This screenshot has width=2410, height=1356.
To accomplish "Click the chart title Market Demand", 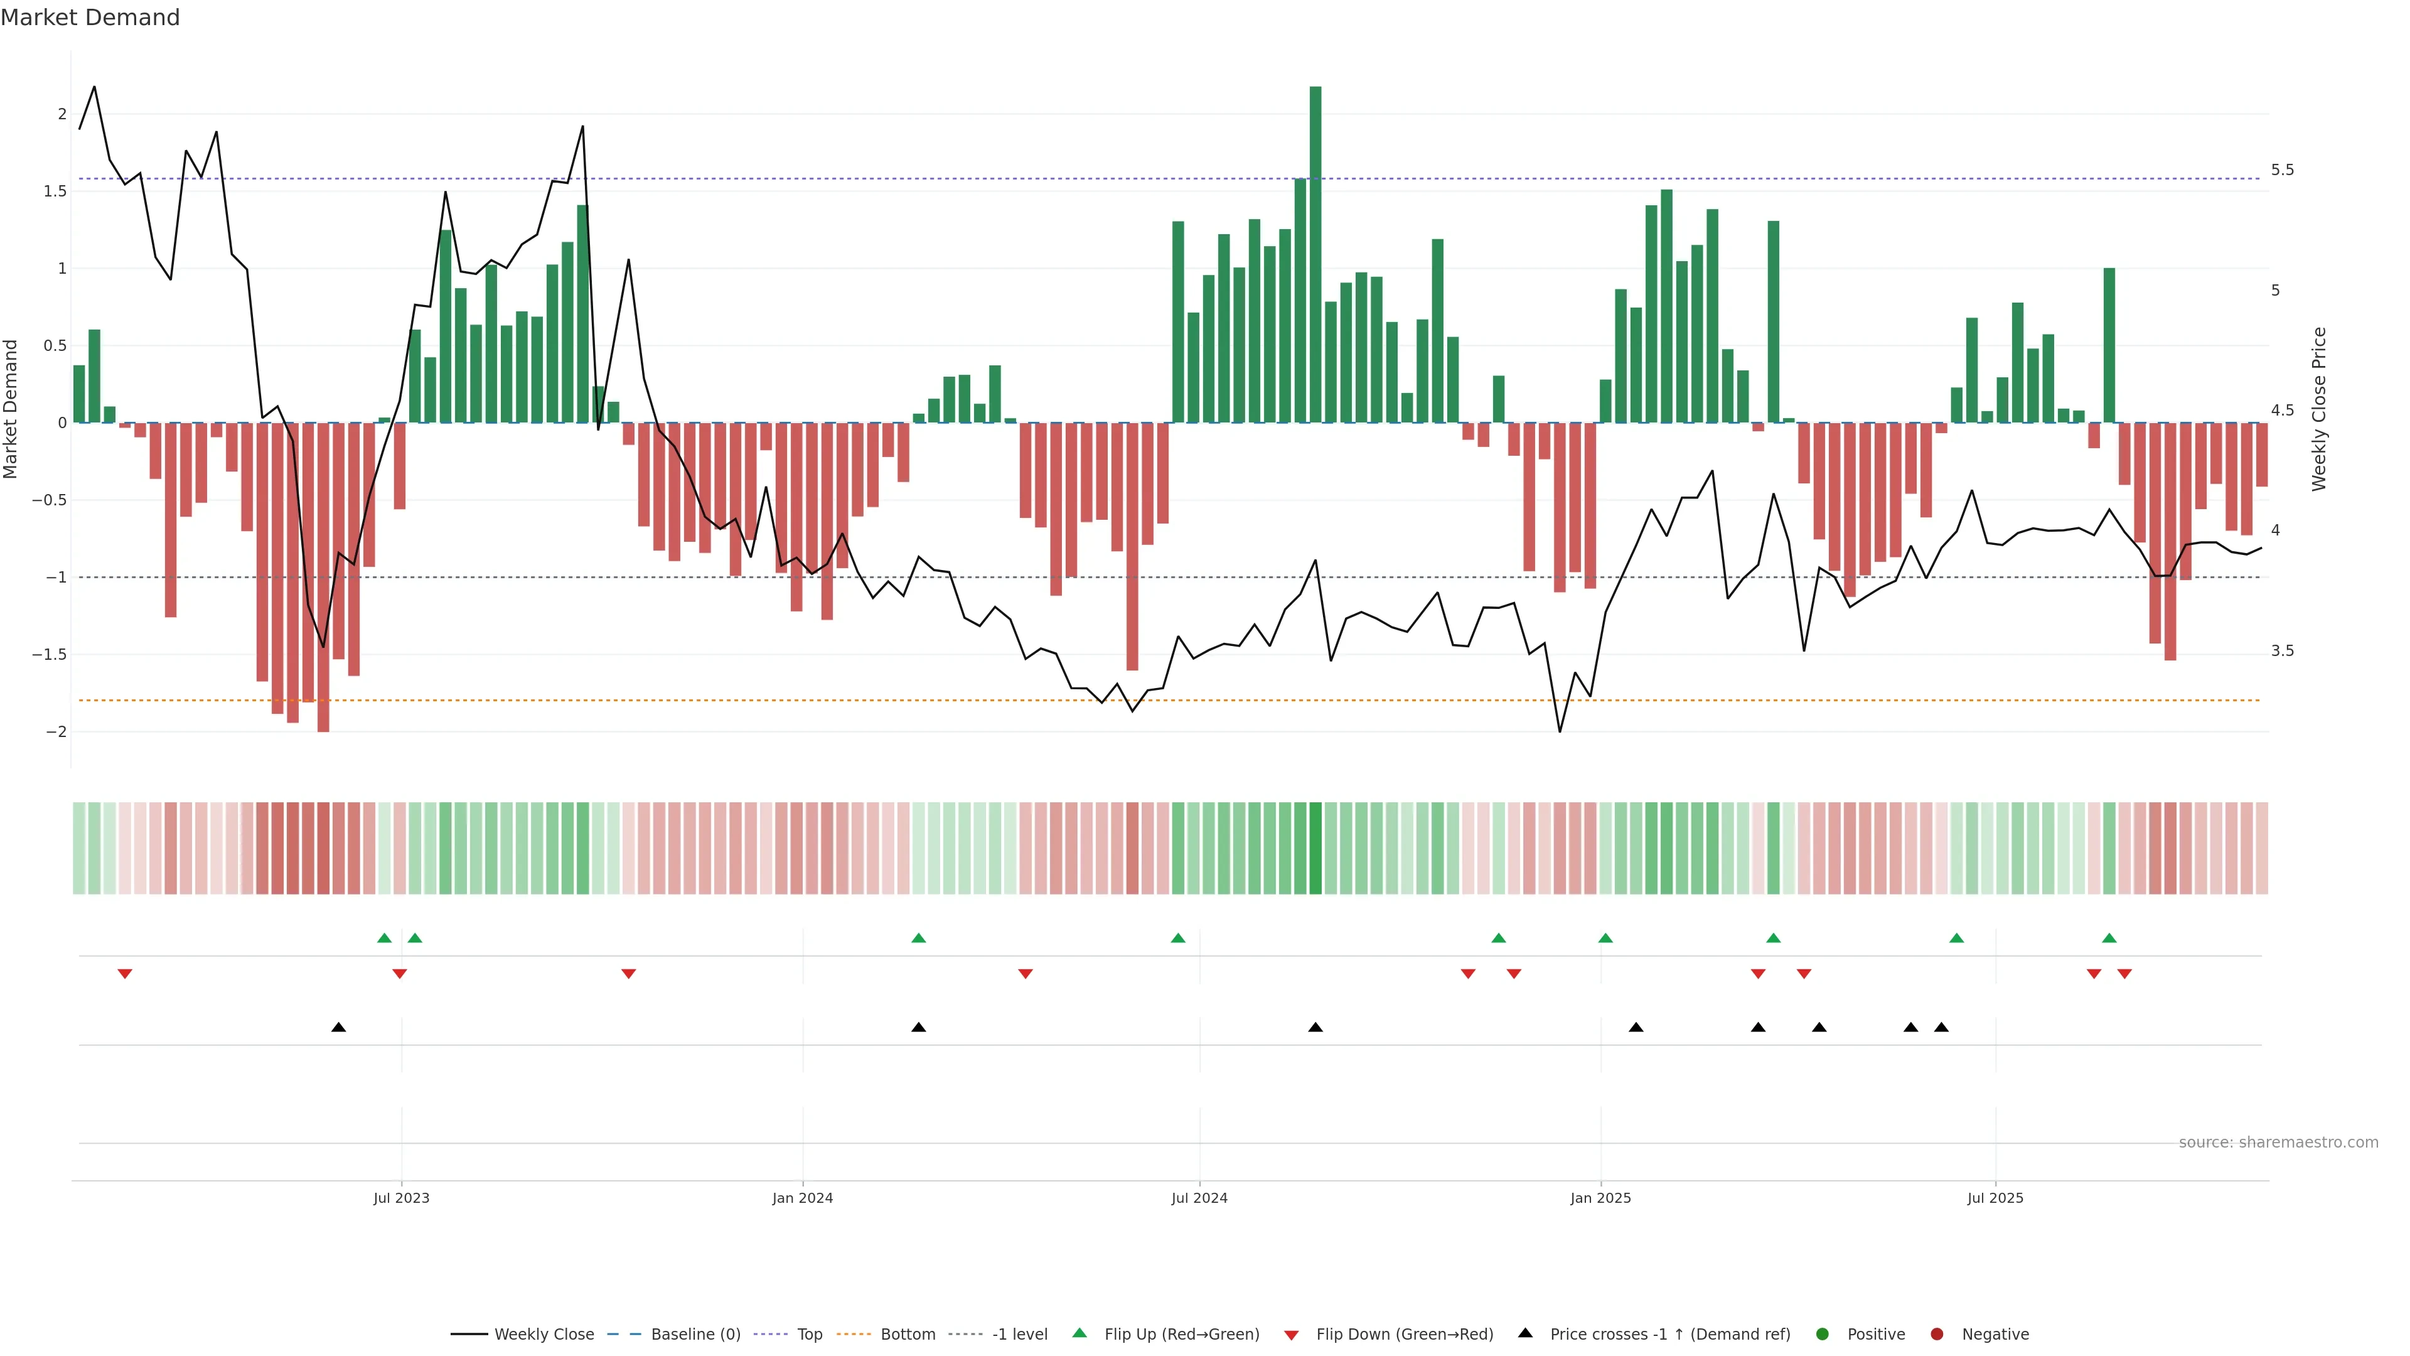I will (90, 18).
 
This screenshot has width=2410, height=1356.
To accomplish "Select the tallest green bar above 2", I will (1315, 252).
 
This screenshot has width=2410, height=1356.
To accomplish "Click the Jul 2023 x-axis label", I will (402, 1198).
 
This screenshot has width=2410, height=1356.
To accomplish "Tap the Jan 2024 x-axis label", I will (802, 1198).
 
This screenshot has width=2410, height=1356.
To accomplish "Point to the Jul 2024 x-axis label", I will (1199, 1198).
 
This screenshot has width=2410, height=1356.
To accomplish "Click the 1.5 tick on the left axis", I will (56, 191).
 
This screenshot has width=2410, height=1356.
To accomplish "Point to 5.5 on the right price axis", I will (2283, 170).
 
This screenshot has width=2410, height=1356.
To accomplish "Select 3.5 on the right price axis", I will (2283, 650).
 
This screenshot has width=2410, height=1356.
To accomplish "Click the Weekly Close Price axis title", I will (2318, 409).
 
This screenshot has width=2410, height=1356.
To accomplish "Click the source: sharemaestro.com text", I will (2278, 1143).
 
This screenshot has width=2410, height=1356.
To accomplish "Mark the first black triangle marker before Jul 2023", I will (339, 1028).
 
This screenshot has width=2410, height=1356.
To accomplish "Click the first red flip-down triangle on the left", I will (124, 974).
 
